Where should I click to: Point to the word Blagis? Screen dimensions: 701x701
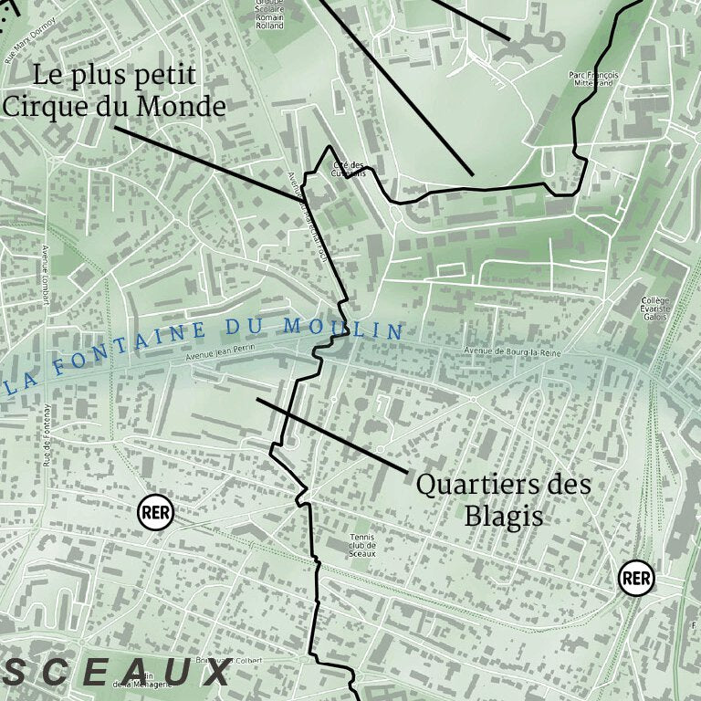[x=504, y=517]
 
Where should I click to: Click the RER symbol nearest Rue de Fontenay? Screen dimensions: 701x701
[x=155, y=512]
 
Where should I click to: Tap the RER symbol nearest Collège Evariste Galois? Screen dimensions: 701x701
[x=636, y=578]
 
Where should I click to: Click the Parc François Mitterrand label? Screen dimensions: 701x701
[x=593, y=78]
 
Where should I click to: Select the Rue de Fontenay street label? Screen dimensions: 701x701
[x=46, y=430]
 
